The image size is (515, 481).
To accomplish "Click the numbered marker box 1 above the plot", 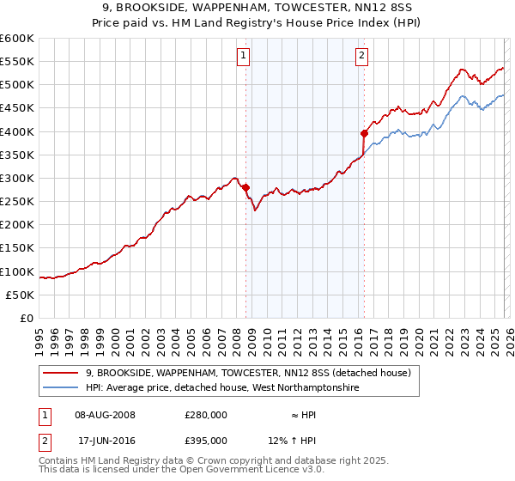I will [x=243, y=56].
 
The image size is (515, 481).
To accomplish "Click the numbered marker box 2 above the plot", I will [x=361, y=56].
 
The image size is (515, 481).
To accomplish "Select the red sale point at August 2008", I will [x=245, y=187].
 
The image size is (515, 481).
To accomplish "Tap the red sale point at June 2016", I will [x=364, y=133].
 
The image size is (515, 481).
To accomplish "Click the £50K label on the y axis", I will [x=21, y=295].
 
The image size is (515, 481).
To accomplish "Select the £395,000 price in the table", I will [x=206, y=440].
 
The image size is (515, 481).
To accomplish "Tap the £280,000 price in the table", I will [x=206, y=415].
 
